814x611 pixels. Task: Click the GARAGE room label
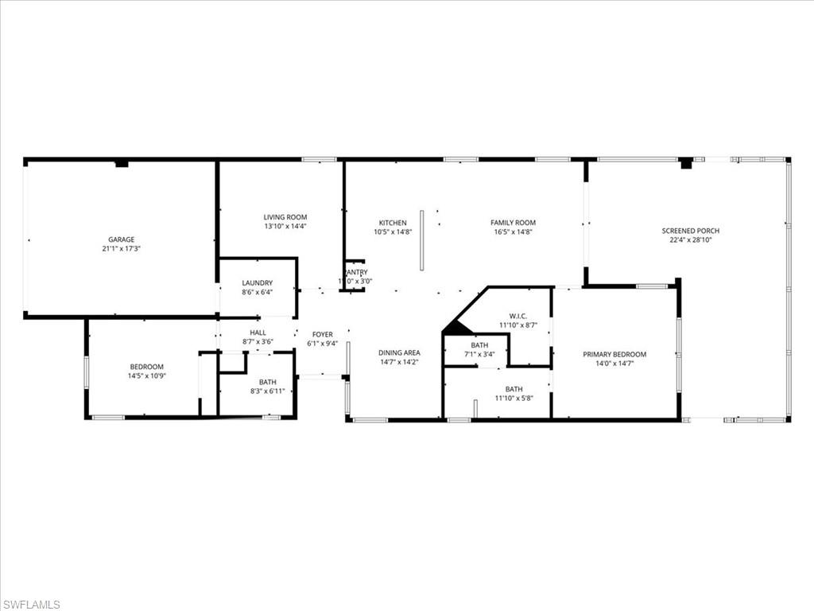pos(121,239)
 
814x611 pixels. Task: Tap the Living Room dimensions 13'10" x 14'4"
pos(285,226)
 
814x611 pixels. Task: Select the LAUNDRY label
pos(258,282)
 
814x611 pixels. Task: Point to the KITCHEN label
pos(393,223)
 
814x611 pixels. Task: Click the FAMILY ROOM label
pos(513,223)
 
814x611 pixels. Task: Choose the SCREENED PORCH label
pos(691,231)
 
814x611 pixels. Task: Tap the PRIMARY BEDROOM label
pos(614,355)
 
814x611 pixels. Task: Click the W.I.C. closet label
pos(519,316)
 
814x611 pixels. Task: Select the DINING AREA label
pos(399,352)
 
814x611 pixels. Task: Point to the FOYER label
pos(322,335)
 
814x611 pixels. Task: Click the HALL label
pos(258,333)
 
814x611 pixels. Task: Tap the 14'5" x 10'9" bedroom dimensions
pos(147,376)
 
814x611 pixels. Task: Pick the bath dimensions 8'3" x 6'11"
pos(267,391)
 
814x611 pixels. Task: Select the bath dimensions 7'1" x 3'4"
pos(479,354)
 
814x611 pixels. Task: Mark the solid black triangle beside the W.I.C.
pos(457,327)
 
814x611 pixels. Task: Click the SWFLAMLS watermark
pos(31,604)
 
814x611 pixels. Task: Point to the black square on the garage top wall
pos(121,164)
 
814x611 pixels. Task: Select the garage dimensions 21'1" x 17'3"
pos(121,248)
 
